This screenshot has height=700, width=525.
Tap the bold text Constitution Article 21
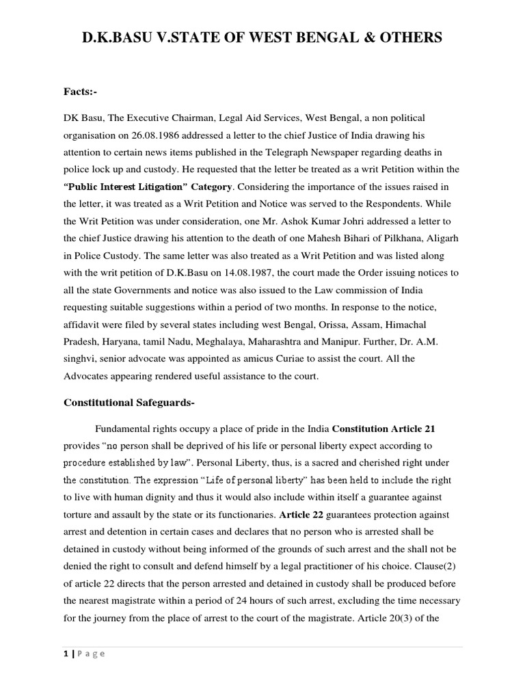[383, 429]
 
